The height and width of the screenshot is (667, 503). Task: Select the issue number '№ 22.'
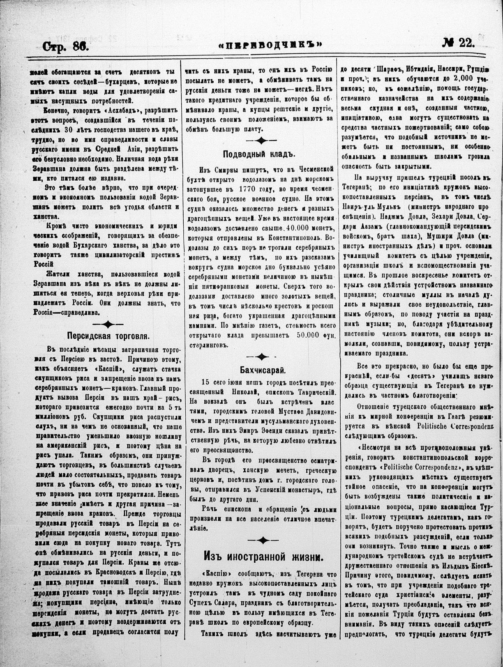(x=458, y=43)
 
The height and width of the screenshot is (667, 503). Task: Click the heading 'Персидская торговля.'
(x=108, y=336)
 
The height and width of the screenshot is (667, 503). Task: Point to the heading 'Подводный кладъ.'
(x=259, y=154)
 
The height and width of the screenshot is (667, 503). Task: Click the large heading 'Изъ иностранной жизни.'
(x=263, y=557)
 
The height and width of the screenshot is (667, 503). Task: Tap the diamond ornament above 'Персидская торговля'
(x=108, y=324)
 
